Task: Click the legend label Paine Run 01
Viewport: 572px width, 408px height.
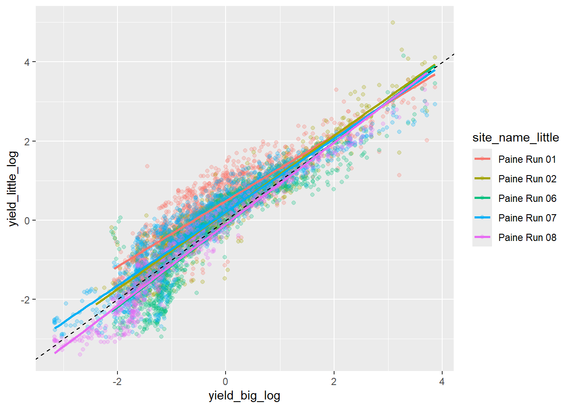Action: [527, 159]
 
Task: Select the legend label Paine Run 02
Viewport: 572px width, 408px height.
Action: [527, 179]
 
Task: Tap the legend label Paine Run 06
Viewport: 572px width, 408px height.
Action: [527, 198]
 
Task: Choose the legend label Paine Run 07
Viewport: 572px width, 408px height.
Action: [527, 218]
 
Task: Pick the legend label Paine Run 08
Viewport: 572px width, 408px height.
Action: [527, 238]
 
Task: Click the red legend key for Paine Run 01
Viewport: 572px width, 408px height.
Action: [482, 159]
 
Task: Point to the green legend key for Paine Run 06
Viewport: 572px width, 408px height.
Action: [482, 198]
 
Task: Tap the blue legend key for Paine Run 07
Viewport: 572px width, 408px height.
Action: [482, 218]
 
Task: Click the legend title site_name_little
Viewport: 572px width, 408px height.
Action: [515, 138]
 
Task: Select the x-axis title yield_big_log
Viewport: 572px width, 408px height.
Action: [244, 396]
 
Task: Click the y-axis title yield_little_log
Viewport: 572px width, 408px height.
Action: [13, 189]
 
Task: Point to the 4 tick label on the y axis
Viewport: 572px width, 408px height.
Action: [27, 62]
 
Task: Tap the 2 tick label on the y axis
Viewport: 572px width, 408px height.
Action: [27, 141]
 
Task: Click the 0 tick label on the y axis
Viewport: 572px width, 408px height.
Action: [27, 221]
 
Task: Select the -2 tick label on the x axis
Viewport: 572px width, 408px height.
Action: [117, 381]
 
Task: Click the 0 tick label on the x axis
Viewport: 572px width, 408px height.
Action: [226, 381]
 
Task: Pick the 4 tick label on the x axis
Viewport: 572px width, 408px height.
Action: [442, 381]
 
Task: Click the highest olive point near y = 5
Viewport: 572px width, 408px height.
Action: [393, 23]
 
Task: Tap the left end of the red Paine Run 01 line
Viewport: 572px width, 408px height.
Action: [114, 268]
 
